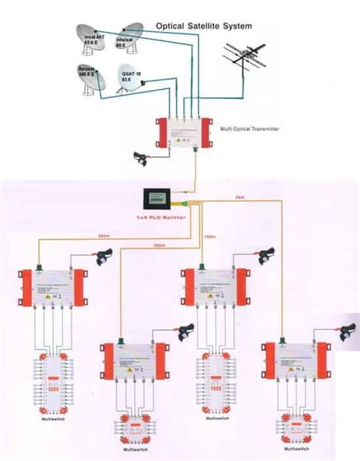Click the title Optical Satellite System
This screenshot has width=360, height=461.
pos(204,26)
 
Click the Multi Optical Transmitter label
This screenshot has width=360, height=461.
pos(250,130)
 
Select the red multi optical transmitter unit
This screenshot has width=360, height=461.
pos(185,132)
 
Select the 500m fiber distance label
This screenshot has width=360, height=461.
pos(159,245)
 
